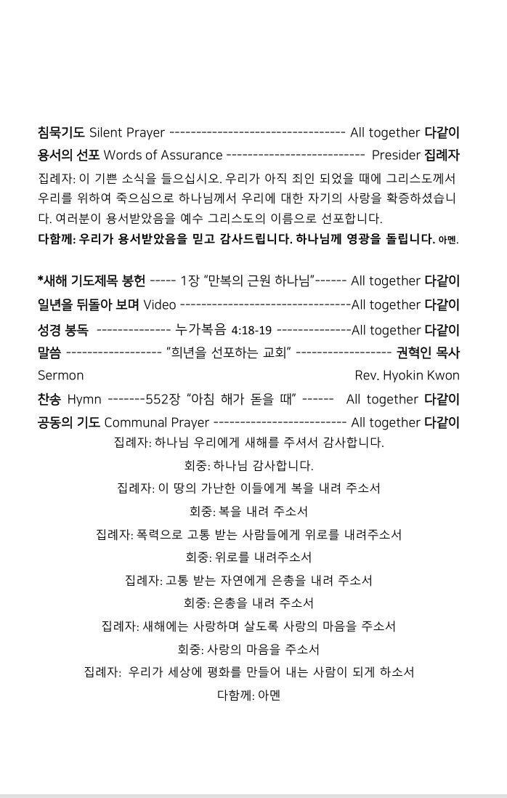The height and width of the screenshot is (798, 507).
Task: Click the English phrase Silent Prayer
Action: pos(126,133)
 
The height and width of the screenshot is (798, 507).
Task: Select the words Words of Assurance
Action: pos(163,155)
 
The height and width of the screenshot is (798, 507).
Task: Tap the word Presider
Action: pos(396,155)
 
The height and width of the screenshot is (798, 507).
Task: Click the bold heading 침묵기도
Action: pos(61,133)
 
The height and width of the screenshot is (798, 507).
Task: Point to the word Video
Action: pos(160,305)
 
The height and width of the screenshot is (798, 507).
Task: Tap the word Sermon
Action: pos(60,376)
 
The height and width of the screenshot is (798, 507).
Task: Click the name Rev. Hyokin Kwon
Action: pos(407,376)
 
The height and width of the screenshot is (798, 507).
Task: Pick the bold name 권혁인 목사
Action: pos(428,353)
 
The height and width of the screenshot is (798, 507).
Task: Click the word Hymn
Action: pos(84,399)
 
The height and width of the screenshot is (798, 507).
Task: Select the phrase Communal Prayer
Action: pos(156,422)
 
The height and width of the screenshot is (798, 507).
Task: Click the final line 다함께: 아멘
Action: pos(248,696)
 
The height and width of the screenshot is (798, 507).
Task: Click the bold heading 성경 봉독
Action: pos(63,330)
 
